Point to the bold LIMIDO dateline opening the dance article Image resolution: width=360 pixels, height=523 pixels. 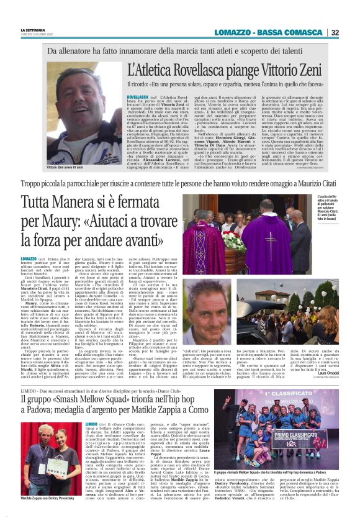coord(91,422)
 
